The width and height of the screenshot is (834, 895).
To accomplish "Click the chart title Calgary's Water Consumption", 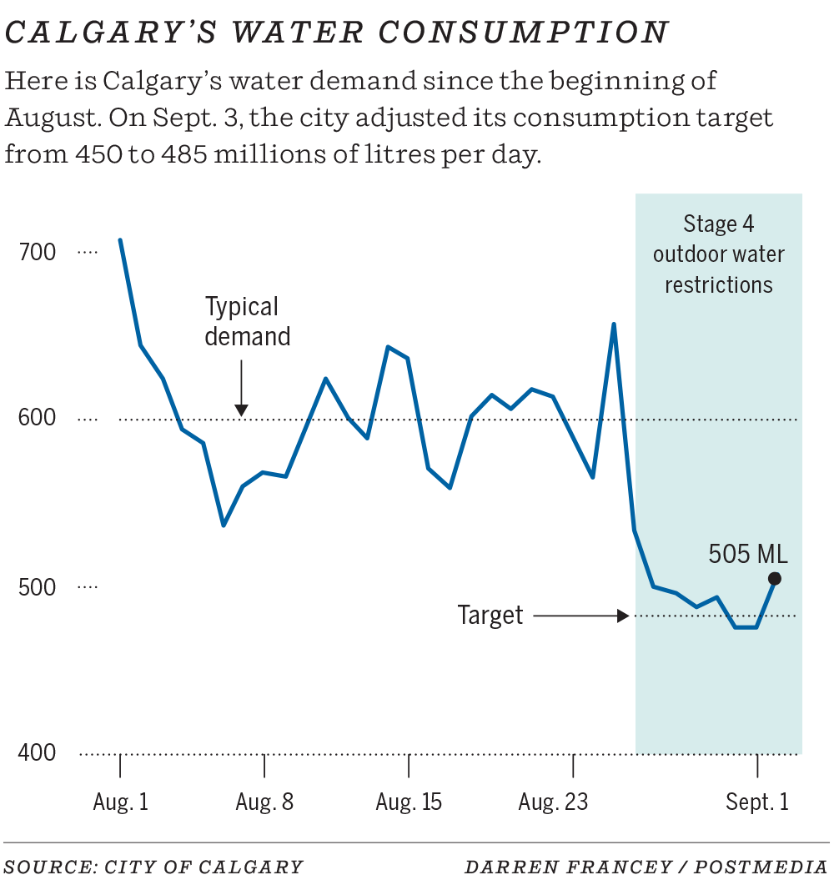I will (337, 33).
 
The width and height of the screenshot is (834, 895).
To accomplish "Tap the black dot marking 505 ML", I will (775, 579).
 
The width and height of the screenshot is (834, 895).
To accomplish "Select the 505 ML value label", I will (747, 554).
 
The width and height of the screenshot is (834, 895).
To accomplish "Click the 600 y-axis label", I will (37, 419).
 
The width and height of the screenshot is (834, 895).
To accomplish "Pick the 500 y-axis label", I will (37, 587).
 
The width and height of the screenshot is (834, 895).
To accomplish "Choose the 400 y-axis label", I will (37, 753).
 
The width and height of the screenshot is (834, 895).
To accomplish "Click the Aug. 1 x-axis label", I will (121, 802).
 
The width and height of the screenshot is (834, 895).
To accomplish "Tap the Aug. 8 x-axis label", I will (264, 802).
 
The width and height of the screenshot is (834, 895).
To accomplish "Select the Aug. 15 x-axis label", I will (409, 802).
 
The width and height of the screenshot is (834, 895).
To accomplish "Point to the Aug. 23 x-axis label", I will (553, 802).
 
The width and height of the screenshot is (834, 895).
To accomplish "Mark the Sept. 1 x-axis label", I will (756, 802).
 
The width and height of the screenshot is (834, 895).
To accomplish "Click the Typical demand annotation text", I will (247, 321).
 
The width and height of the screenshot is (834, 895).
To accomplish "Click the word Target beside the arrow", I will (490, 616).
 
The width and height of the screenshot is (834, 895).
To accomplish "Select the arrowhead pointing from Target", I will (622, 616).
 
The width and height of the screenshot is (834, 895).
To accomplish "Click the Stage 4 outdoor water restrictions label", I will (718, 254).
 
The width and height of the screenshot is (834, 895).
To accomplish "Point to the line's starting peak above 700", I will (120, 240).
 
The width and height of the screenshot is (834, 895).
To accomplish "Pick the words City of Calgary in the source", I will (203, 867).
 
